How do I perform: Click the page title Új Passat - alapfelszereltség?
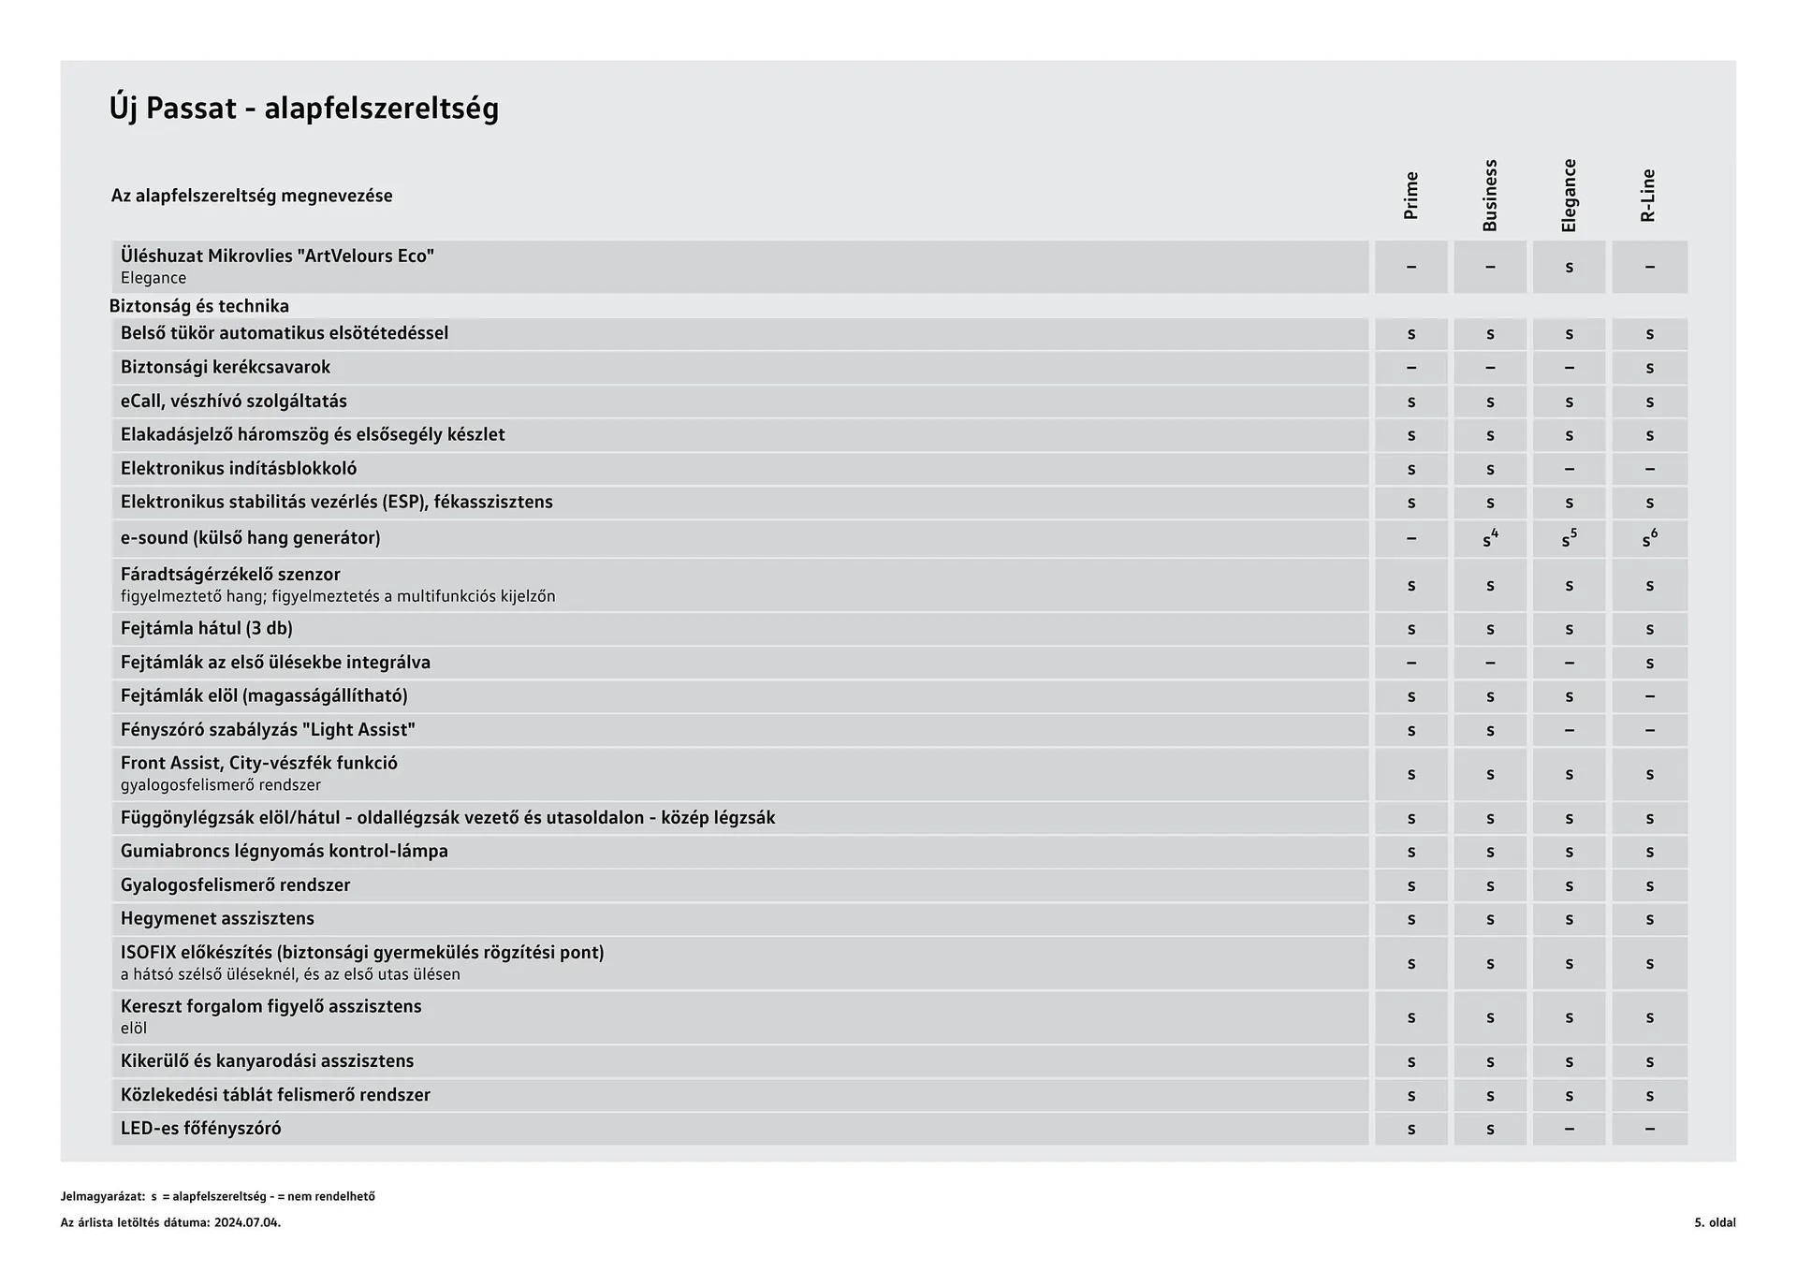pyautogui.click(x=304, y=109)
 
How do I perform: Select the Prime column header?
pyautogui.click(x=1410, y=196)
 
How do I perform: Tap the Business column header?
pyautogui.click(x=1490, y=196)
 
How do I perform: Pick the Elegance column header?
pyautogui.click(x=1569, y=196)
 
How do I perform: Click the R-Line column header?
pyautogui.click(x=1648, y=196)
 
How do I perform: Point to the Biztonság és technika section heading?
pyautogui.click(x=198, y=306)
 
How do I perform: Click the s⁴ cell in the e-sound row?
pyautogui.click(x=1490, y=539)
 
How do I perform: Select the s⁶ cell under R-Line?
pyautogui.click(x=1649, y=539)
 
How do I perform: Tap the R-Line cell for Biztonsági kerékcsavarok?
pyautogui.click(x=1649, y=368)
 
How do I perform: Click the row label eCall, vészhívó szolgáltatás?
pyautogui.click(x=233, y=402)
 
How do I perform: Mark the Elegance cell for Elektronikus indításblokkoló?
pyautogui.click(x=1569, y=469)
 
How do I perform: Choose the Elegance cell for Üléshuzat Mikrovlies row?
pyautogui.click(x=1569, y=268)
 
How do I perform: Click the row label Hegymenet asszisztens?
pyautogui.click(x=217, y=919)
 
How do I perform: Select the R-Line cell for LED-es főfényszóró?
pyautogui.click(x=1649, y=1129)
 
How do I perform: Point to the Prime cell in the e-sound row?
pyautogui.click(x=1410, y=539)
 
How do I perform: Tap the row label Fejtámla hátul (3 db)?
pyautogui.click(x=206, y=629)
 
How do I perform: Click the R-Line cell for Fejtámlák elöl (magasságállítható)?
pyautogui.click(x=1649, y=696)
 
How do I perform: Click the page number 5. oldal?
pyautogui.click(x=1714, y=1222)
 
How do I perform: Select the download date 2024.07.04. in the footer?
pyautogui.click(x=247, y=1222)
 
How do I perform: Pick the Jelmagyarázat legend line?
pyautogui.click(x=217, y=1196)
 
